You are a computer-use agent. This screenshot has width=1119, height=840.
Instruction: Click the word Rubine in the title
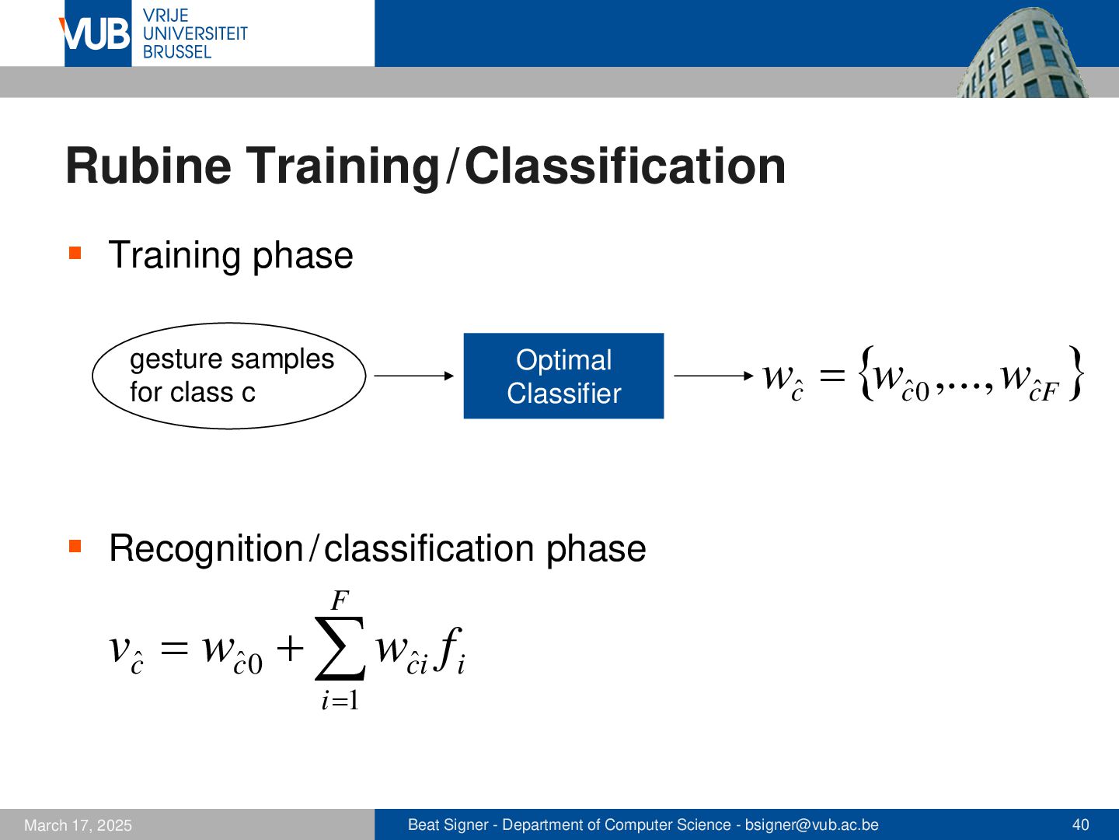(x=148, y=166)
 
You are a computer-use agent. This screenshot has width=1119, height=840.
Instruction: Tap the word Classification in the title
(x=625, y=166)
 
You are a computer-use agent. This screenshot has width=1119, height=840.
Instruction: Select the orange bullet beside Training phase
(x=75, y=253)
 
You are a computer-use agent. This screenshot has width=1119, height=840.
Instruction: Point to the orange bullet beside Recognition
(x=75, y=546)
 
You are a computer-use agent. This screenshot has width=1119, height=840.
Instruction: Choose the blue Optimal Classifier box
(x=564, y=376)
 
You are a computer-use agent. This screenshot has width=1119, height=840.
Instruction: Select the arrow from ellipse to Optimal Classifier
(x=414, y=376)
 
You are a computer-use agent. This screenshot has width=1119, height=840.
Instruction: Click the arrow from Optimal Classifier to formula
(x=713, y=376)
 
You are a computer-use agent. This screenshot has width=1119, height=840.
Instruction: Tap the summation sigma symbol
(x=340, y=649)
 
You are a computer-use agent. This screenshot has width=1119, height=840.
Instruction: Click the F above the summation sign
(x=340, y=600)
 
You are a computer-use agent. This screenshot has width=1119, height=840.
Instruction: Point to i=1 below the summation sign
(x=340, y=700)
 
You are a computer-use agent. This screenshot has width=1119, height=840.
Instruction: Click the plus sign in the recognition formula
(x=290, y=649)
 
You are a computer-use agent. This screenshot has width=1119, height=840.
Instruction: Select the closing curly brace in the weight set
(x=1075, y=373)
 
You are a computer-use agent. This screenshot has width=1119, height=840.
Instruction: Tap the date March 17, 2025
(x=78, y=825)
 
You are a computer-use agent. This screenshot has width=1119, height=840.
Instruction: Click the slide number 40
(x=1081, y=824)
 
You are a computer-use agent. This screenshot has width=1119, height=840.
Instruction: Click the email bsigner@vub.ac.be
(x=811, y=824)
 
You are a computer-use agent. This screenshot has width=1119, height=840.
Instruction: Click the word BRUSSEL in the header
(x=177, y=52)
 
